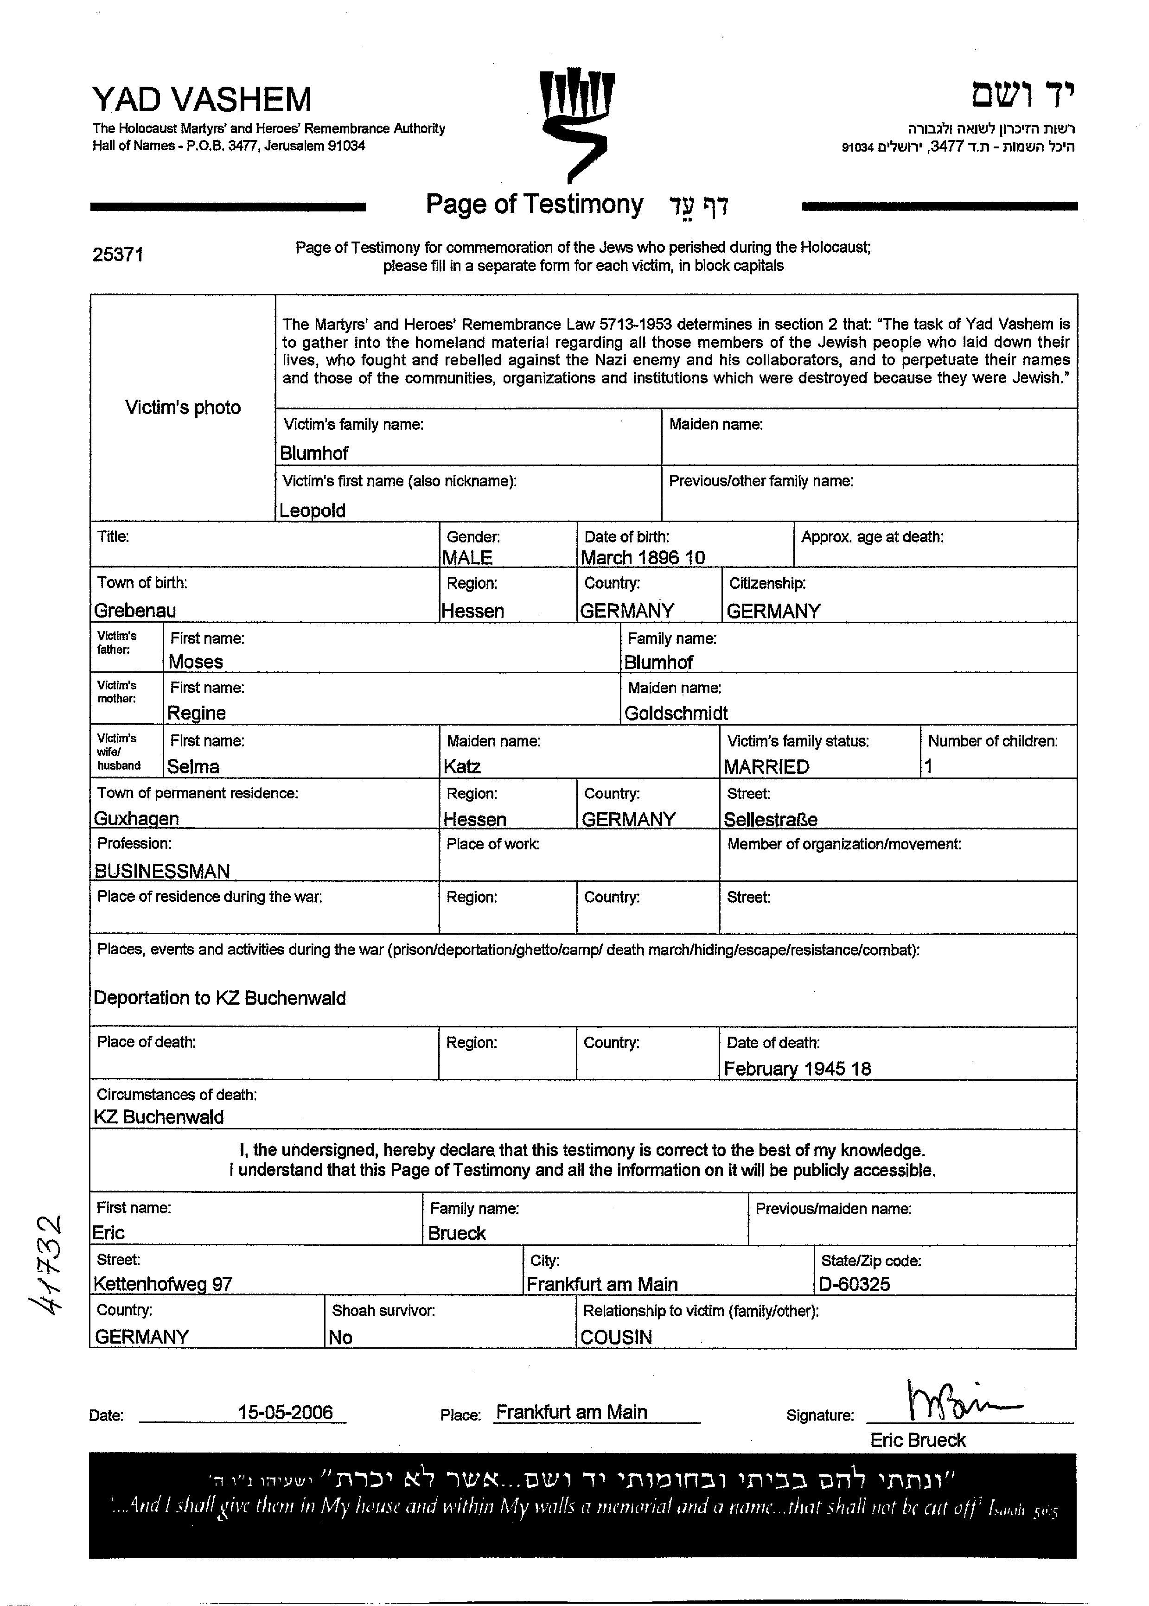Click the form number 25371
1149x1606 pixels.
(117, 255)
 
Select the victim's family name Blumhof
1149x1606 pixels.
(314, 453)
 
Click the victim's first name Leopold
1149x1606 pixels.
(312, 510)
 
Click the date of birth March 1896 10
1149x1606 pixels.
(642, 557)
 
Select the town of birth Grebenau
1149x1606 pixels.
(135, 610)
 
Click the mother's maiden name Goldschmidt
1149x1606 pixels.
(676, 713)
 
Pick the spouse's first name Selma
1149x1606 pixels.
(193, 766)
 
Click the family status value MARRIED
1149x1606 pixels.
(766, 767)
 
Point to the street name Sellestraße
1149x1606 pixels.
(771, 819)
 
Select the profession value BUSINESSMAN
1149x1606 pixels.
(162, 871)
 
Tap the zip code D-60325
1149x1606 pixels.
(854, 1284)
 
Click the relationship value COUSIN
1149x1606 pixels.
(616, 1337)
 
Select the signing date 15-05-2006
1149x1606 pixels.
(285, 1412)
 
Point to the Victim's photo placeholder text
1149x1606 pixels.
(183, 408)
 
